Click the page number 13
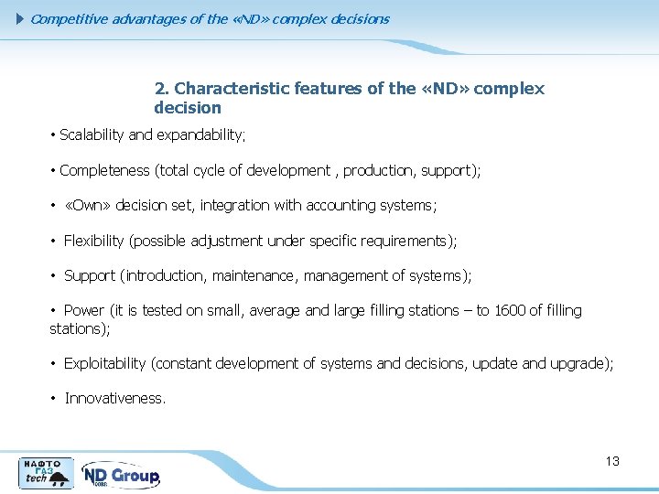(x=612, y=461)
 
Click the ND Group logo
(x=121, y=475)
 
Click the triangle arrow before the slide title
(x=22, y=18)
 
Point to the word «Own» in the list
(x=88, y=206)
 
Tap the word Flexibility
(x=94, y=241)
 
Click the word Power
(x=84, y=311)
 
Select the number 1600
(x=510, y=311)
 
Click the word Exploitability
(x=104, y=364)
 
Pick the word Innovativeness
(x=114, y=399)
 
